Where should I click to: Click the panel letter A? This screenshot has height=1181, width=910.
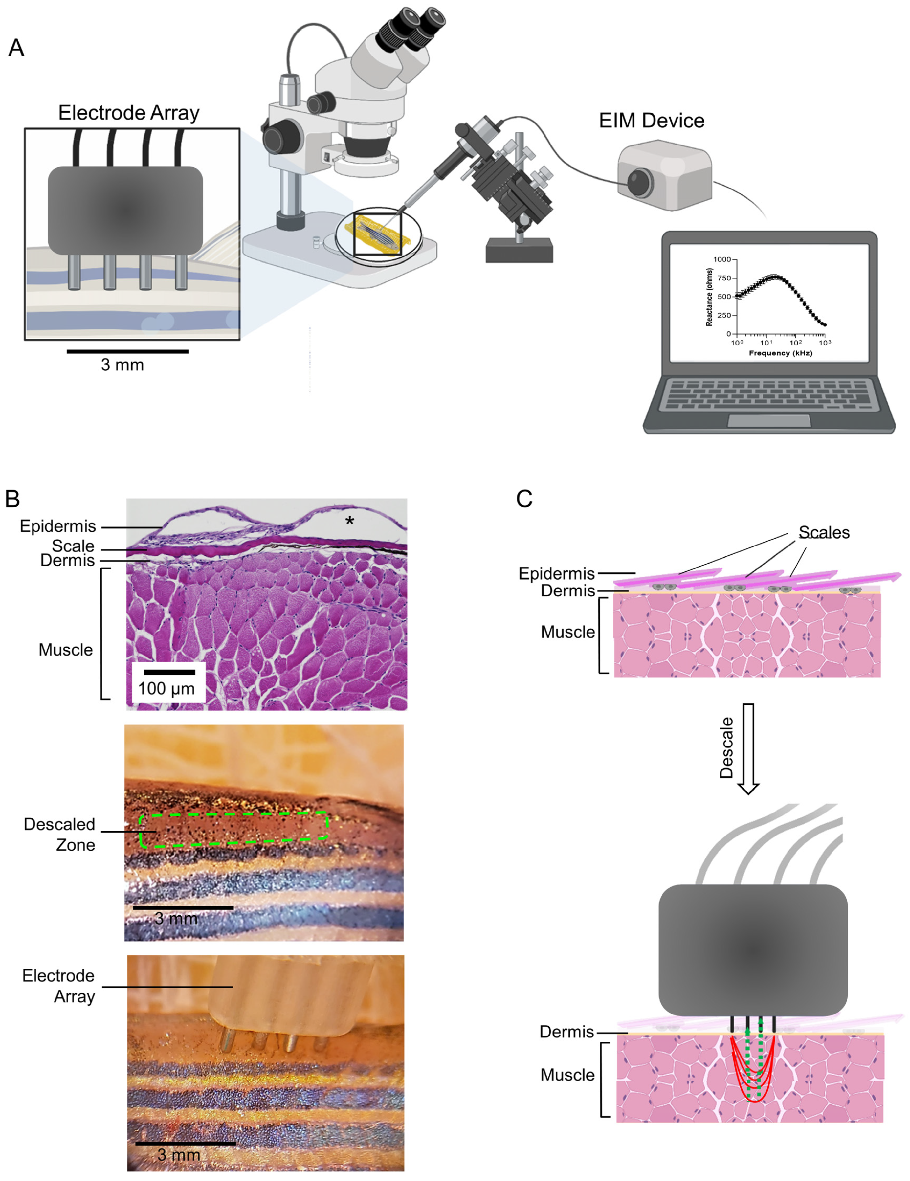click(16, 48)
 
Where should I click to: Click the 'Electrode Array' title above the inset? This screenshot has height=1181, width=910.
click(129, 112)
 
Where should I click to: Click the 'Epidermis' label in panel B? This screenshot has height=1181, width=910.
click(58, 526)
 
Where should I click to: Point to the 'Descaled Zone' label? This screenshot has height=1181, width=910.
click(59, 835)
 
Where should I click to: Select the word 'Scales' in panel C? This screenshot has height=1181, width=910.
click(824, 533)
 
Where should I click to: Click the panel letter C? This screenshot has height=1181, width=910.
click(524, 499)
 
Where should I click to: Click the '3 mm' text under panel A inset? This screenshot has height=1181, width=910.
click(122, 365)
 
